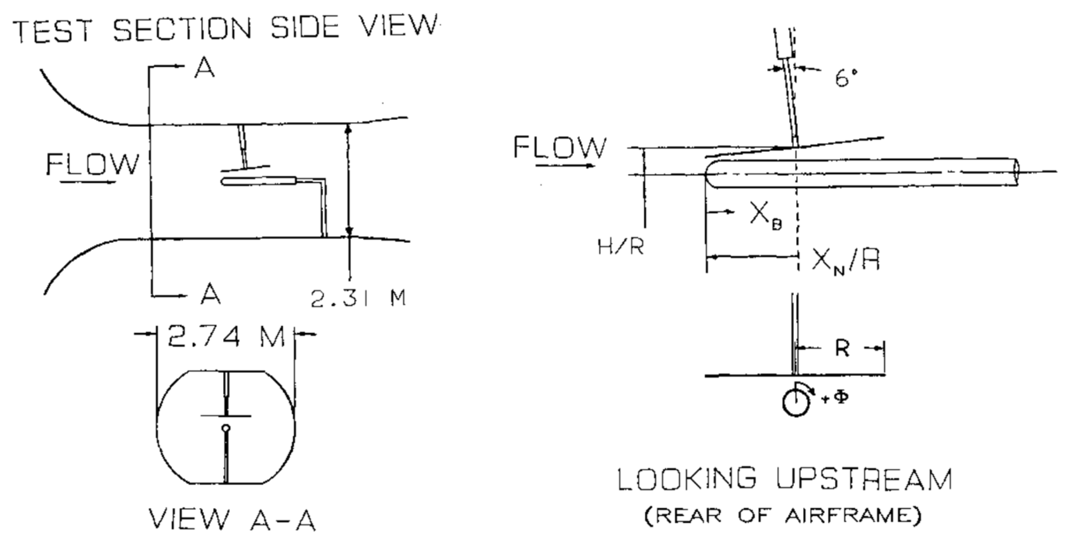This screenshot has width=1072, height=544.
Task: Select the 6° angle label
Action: [x=846, y=78]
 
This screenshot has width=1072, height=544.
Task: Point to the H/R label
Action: [x=621, y=248]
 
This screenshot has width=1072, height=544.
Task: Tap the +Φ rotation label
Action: [x=835, y=399]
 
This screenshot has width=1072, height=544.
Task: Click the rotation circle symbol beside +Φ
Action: [x=795, y=403]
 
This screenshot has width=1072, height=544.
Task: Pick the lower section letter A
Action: [x=211, y=295]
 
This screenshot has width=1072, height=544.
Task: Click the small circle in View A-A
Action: [x=226, y=427]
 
